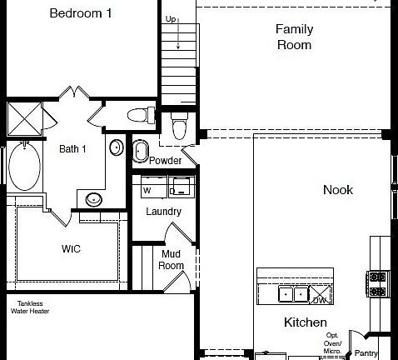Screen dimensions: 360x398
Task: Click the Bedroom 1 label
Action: tap(80, 13)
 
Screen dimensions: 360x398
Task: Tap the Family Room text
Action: tap(294, 37)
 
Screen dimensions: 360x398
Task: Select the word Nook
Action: tap(337, 190)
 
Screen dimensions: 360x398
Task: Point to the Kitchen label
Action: tap(305, 322)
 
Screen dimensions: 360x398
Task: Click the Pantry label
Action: tap(366, 352)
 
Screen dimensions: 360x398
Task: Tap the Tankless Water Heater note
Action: tap(27, 307)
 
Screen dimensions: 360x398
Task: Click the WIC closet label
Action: tap(71, 248)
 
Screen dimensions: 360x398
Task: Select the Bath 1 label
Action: tap(72, 149)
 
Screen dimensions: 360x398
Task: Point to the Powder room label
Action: tap(166, 160)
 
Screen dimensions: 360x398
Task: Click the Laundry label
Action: tap(163, 212)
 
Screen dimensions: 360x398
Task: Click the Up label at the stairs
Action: tap(171, 18)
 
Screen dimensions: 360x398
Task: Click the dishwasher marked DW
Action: tap(320, 300)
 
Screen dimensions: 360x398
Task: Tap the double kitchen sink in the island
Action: tap(291, 293)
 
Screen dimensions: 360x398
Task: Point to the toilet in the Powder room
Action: tap(177, 127)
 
